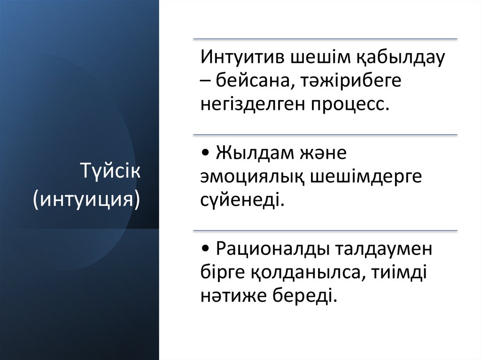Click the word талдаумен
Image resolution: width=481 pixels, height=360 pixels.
point(382,250)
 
